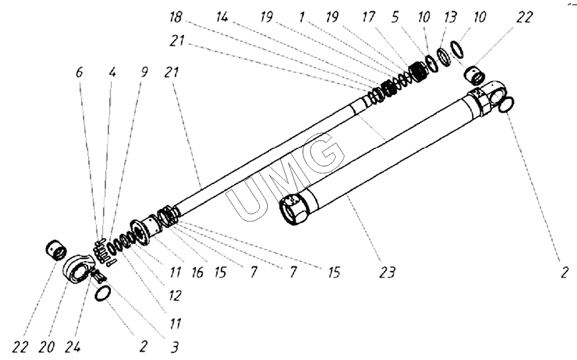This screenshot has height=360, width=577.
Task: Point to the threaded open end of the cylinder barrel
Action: (293, 210)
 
